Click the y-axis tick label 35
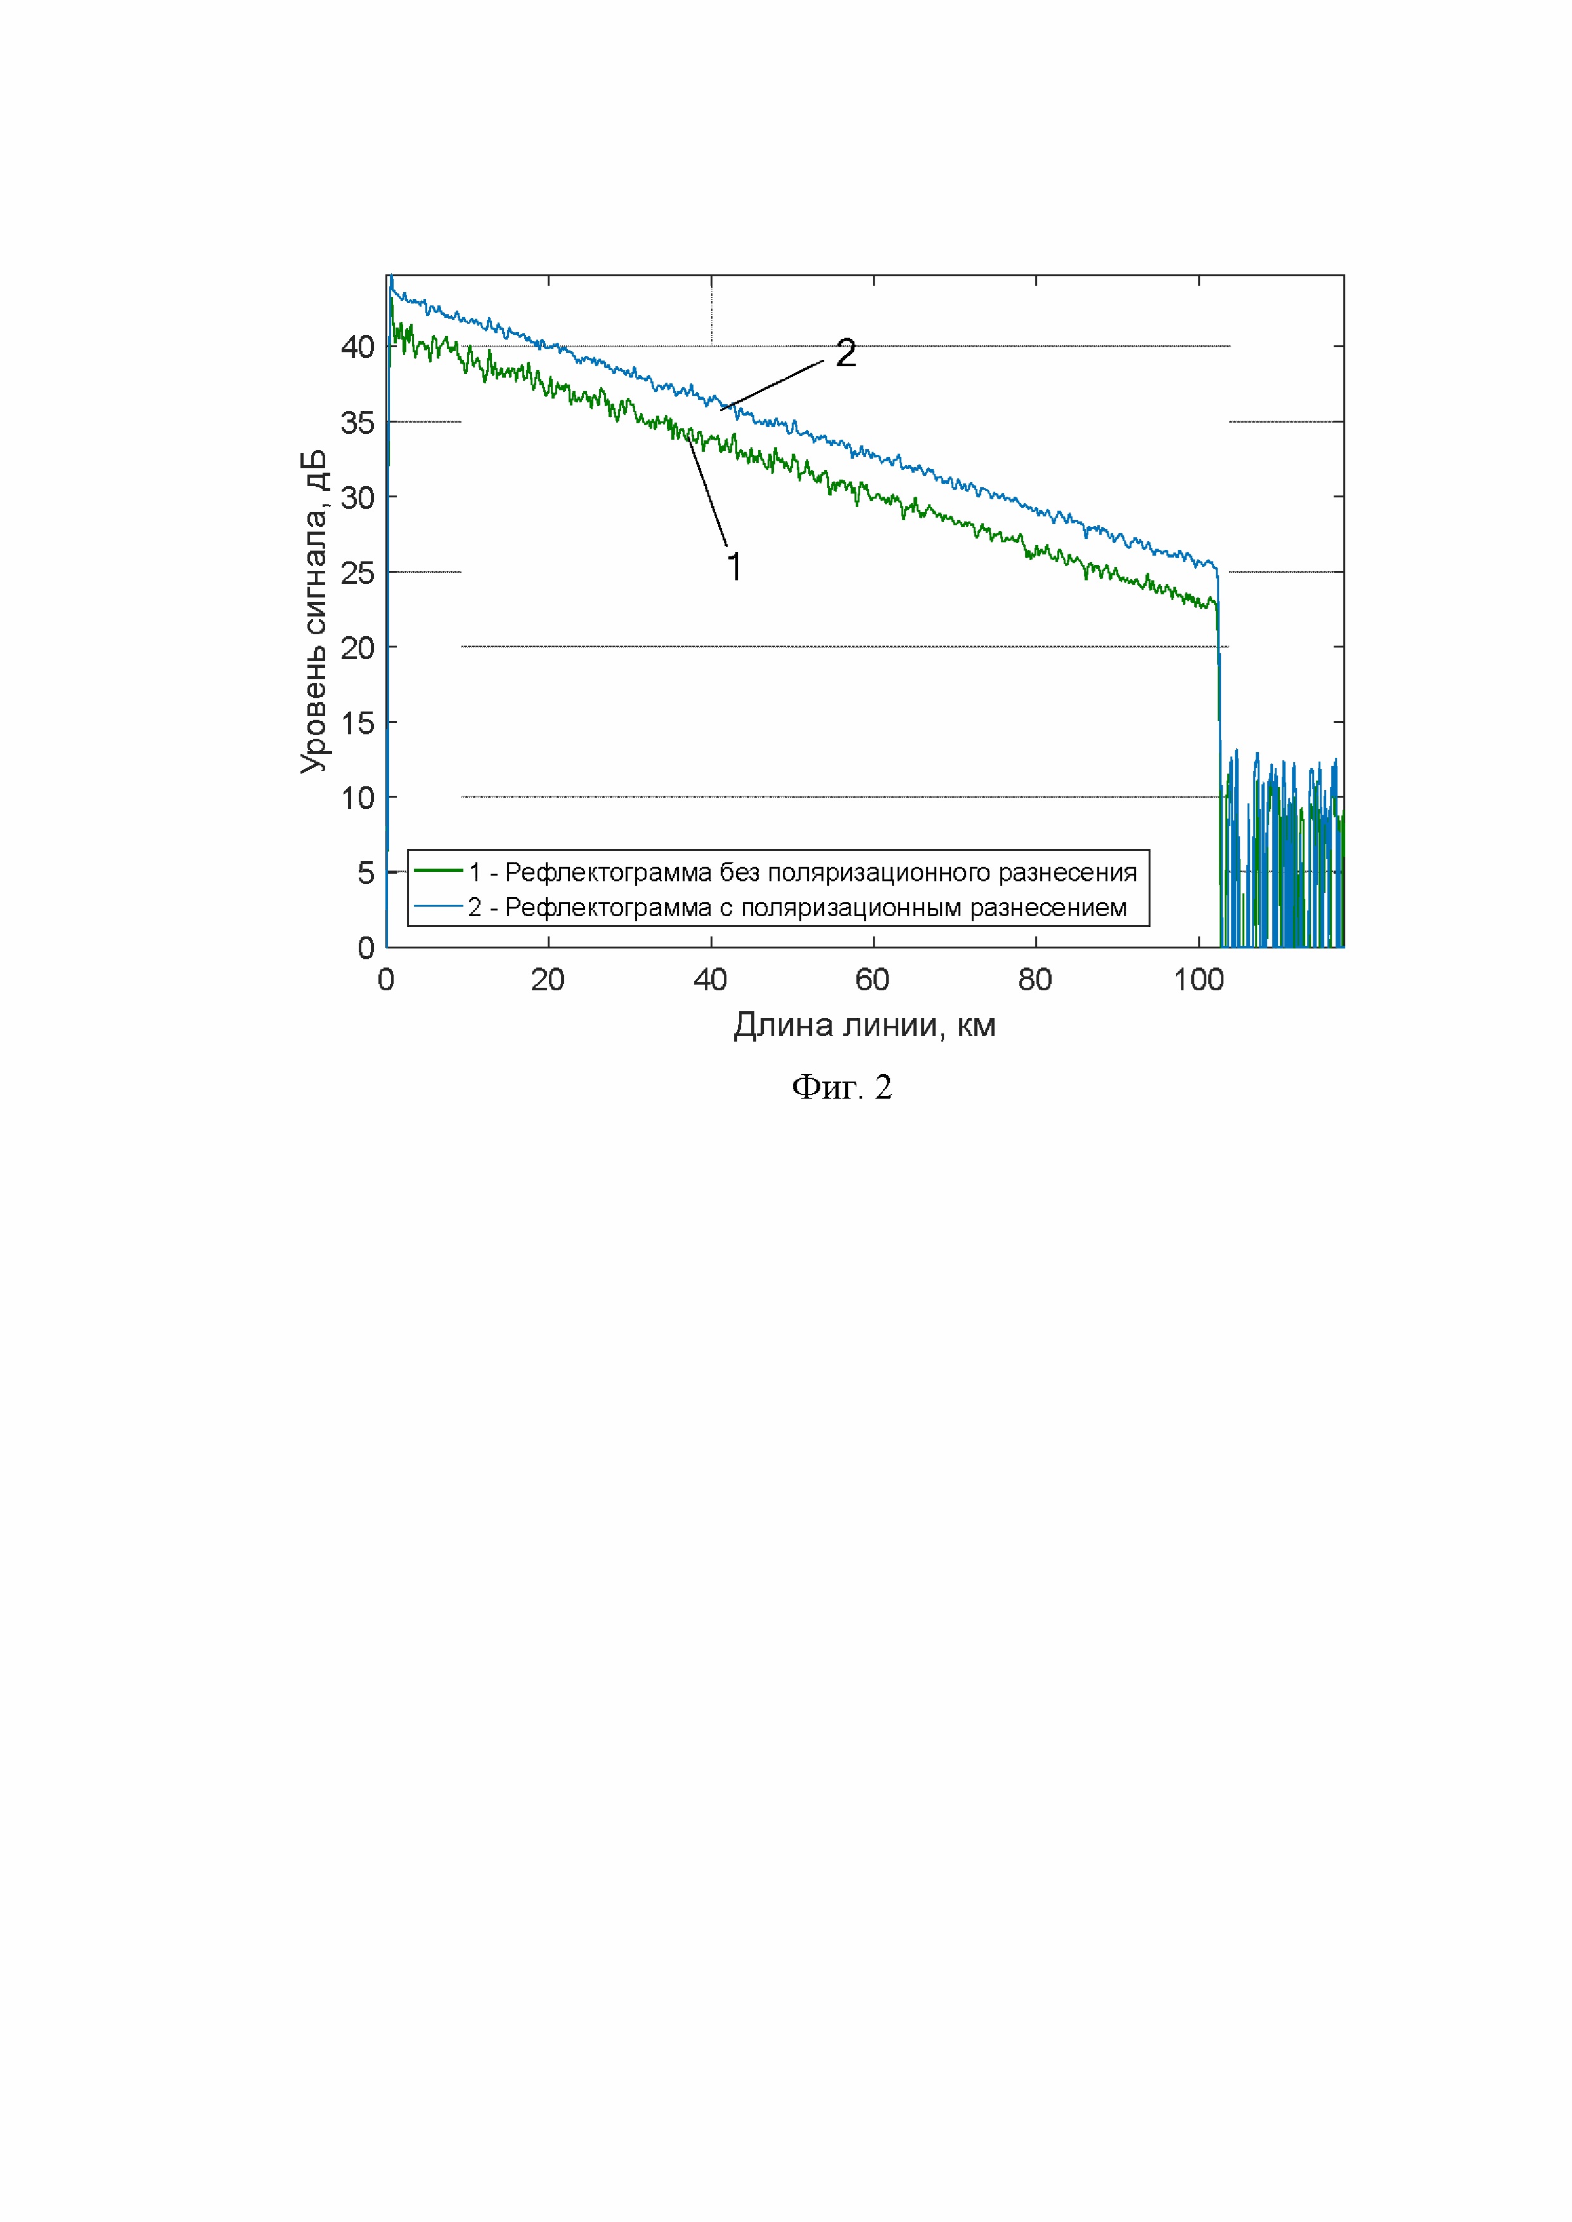357,423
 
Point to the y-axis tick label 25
357,573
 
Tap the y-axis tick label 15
357,723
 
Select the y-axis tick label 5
365,873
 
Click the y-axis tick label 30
357,497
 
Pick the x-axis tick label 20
548,980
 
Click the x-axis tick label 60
872,980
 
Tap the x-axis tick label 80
1034,980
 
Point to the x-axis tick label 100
1199,980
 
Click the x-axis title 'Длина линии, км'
865,1025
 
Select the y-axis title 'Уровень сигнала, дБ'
314,611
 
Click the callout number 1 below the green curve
735,567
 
